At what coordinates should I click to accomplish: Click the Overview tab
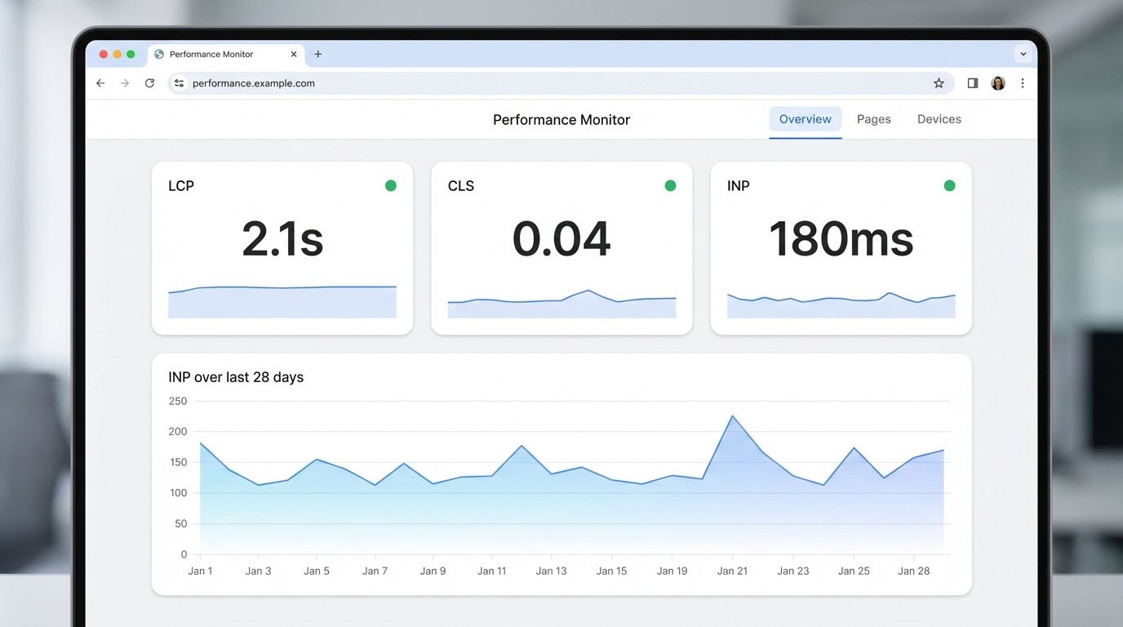[x=805, y=119]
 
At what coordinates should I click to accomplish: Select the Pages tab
[x=873, y=119]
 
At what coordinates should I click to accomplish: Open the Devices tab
[x=939, y=119]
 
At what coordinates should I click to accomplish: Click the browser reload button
[x=149, y=83]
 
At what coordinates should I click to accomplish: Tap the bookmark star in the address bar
[x=939, y=83]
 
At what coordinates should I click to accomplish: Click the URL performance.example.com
[x=253, y=83]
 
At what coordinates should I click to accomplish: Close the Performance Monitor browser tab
[x=294, y=55]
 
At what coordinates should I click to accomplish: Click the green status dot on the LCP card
[x=391, y=186]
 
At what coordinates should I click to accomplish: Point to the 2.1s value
[x=282, y=239]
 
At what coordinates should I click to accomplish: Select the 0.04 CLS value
[x=561, y=239]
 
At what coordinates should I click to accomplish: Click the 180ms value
[x=841, y=239]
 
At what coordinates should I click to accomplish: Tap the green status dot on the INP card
[x=949, y=186]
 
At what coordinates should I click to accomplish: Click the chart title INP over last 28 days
[x=236, y=377]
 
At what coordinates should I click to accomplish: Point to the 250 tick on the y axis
[x=178, y=401]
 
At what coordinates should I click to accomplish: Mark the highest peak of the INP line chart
[x=732, y=416]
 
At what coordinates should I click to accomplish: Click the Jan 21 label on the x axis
[x=732, y=571]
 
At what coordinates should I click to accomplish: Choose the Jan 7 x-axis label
[x=375, y=571]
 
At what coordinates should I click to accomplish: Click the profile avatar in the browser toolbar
[x=997, y=83]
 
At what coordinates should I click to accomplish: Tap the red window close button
[x=104, y=55]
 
